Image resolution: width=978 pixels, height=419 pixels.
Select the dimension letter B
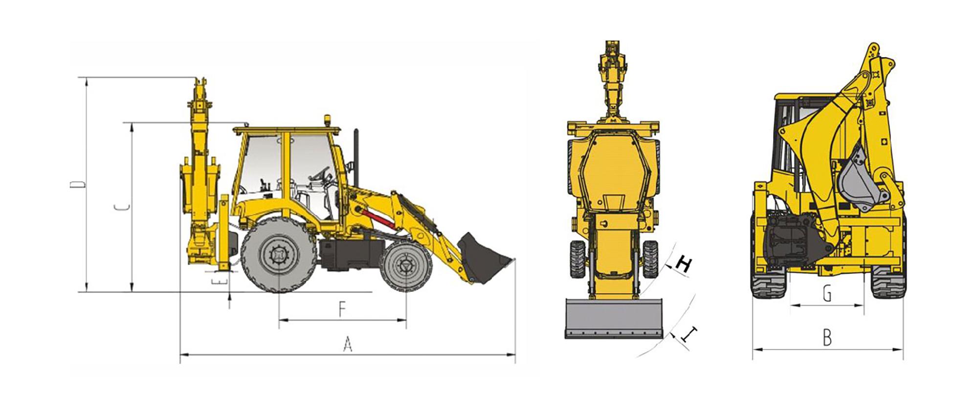pyautogui.click(x=827, y=338)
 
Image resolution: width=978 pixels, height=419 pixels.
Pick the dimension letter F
pyautogui.click(x=342, y=309)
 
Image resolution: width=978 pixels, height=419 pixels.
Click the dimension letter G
pyautogui.click(x=826, y=293)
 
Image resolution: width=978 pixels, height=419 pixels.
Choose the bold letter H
pyautogui.click(x=683, y=265)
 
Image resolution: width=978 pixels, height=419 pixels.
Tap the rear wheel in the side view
pyautogui.click(x=278, y=255)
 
